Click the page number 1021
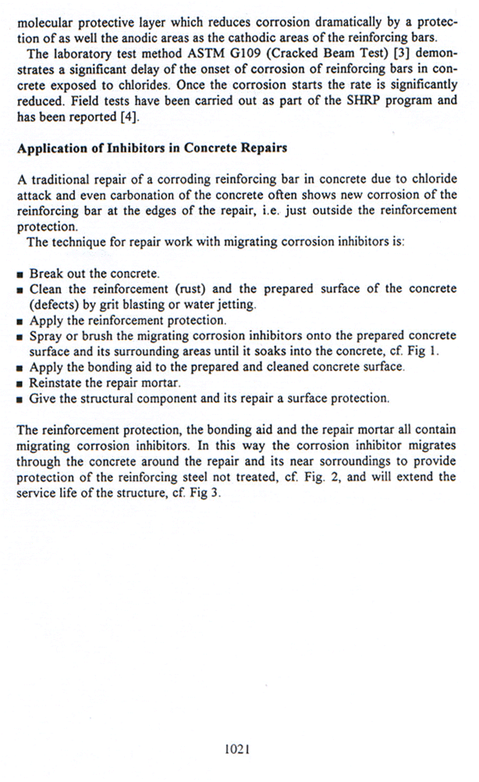click(236, 748)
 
